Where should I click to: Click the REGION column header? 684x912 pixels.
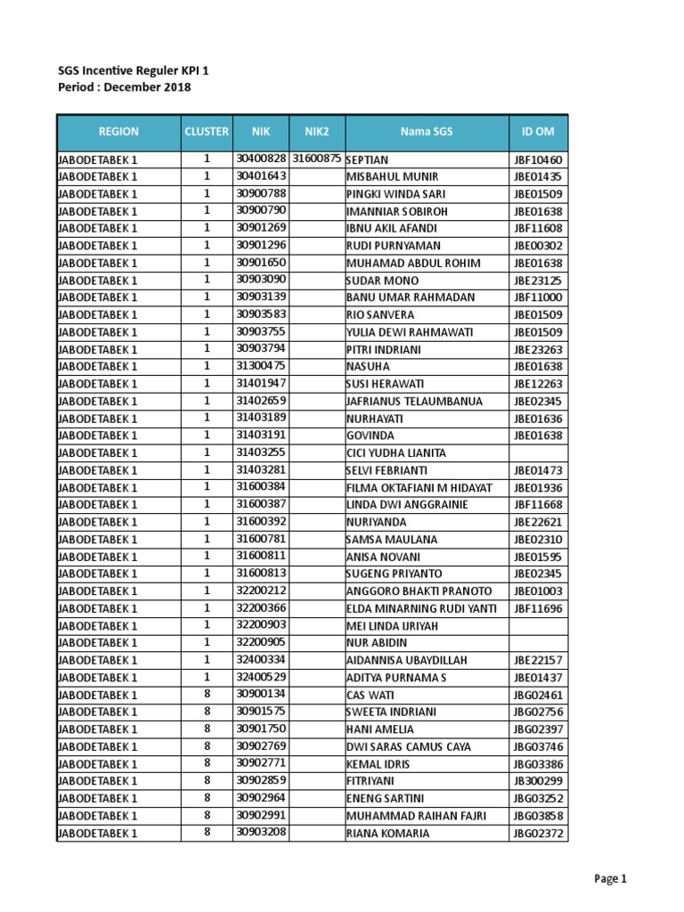click(118, 131)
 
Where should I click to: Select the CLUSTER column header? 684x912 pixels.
click(206, 131)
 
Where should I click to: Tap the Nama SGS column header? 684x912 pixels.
click(426, 131)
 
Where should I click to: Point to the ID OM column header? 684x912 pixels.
click(538, 131)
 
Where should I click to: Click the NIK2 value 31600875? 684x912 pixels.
click(317, 159)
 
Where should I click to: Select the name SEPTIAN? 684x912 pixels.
click(367, 159)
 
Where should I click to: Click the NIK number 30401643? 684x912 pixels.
click(261, 175)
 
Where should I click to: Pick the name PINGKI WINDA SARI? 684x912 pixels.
click(395, 193)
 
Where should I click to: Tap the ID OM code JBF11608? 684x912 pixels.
click(538, 228)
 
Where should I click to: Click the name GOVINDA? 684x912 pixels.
click(370, 436)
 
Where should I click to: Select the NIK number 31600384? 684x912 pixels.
click(261, 487)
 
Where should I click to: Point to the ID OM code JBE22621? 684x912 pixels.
click(538, 522)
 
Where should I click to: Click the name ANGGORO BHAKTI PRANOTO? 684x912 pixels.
click(419, 591)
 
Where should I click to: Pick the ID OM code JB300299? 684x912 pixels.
click(538, 781)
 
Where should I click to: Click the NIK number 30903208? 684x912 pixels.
click(261, 833)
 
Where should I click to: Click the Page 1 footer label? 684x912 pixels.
click(611, 879)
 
